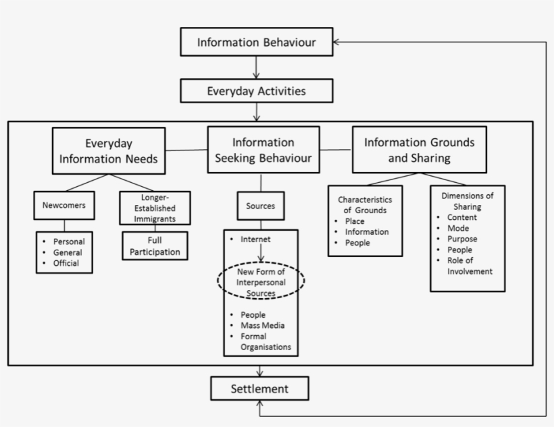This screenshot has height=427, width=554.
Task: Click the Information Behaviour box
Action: coord(256,42)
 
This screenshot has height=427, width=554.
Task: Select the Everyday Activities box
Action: coord(256,91)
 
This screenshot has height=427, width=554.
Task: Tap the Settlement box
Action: coord(259,389)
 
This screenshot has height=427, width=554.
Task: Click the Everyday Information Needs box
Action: coord(109,150)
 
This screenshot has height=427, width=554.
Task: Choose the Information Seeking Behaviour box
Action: coord(263,150)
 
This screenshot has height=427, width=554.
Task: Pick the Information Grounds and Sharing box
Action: coord(419,150)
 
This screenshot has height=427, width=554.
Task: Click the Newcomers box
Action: coord(64,206)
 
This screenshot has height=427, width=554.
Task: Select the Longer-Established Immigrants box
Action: coord(155,208)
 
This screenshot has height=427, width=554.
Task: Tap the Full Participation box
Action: coord(155,246)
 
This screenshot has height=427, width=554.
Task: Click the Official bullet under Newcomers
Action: coord(66,263)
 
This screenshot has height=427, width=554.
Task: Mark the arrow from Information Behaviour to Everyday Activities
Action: coord(256,67)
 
